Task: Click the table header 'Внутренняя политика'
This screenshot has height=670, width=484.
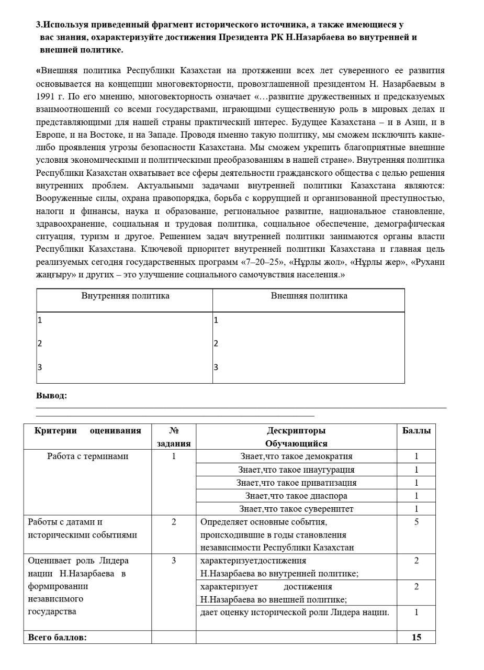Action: [125, 296]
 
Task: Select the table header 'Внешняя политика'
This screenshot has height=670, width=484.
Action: [309, 296]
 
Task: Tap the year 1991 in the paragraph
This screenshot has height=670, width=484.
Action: [45, 96]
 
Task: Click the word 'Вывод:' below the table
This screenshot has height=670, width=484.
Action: [51, 395]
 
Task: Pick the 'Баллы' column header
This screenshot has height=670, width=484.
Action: [416, 431]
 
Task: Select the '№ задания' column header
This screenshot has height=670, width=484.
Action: [174, 437]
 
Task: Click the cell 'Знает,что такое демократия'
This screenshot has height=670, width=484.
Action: [296, 456]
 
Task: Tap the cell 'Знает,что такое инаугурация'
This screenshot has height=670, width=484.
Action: [296, 470]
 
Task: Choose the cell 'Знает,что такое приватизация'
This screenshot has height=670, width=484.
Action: [296, 483]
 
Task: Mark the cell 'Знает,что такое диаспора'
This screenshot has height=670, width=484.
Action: [296, 496]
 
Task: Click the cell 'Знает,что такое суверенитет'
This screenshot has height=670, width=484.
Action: [296, 509]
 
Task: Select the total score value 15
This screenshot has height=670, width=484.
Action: [416, 637]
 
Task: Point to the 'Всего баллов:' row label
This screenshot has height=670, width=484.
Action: [57, 637]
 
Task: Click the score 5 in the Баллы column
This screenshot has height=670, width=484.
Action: [416, 522]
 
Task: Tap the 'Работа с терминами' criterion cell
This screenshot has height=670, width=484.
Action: [87, 456]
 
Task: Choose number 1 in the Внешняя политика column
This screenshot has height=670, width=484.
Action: [216, 320]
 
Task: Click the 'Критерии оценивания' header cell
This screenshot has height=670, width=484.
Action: [87, 431]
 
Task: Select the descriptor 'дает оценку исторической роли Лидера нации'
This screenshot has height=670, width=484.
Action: [295, 612]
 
